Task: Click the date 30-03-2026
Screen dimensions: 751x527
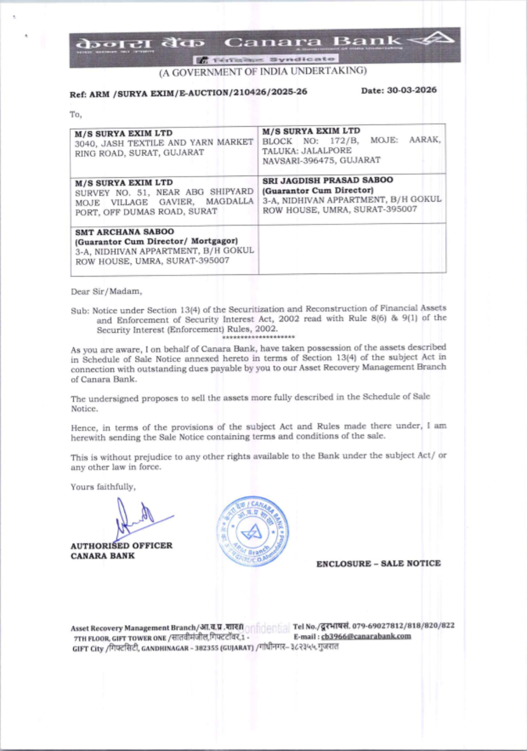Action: pyautogui.click(x=412, y=90)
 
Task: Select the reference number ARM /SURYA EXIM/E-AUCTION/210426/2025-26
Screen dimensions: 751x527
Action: pyautogui.click(x=198, y=93)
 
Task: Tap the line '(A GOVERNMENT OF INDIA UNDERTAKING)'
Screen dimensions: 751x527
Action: pyautogui.click(x=263, y=71)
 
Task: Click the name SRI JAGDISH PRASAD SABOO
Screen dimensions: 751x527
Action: pyautogui.click(x=327, y=180)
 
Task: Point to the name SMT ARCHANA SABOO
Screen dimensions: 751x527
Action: pyautogui.click(x=124, y=232)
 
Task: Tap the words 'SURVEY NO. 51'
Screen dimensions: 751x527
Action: pyautogui.click(x=111, y=193)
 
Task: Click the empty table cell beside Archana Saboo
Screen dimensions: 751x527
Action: pyautogui.click(x=352, y=248)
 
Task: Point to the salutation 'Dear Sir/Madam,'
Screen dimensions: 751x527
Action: pyautogui.click(x=106, y=291)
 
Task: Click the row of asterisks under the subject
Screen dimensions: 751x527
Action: pyautogui.click(x=258, y=337)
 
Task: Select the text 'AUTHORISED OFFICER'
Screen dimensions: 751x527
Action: pyautogui.click(x=121, y=546)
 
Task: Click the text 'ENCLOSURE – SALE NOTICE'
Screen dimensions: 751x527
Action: pyautogui.click(x=378, y=564)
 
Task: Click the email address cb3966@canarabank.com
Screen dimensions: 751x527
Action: pyautogui.click(x=366, y=636)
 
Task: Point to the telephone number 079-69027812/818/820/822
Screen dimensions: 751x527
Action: pyautogui.click(x=403, y=626)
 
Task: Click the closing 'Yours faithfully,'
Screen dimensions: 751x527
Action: pyautogui.click(x=103, y=487)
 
